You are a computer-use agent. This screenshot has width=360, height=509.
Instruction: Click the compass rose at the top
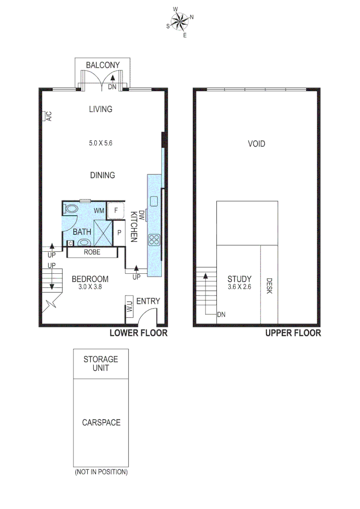(180, 21)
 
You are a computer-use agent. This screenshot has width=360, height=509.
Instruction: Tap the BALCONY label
(103, 65)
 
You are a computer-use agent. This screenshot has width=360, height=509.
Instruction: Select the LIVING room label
(101, 109)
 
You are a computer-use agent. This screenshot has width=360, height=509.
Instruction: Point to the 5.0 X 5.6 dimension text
(102, 143)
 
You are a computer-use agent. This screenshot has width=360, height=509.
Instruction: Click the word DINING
(103, 175)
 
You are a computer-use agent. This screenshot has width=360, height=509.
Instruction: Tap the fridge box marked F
(116, 210)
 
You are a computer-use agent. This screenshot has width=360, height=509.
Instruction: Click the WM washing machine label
(99, 210)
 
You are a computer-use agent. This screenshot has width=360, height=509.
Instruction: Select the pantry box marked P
(119, 233)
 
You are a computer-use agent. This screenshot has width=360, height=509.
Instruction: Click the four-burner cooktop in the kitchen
(155, 239)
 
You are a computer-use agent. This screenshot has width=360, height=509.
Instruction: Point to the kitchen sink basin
(154, 202)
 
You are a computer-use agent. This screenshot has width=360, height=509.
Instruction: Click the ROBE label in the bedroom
(92, 252)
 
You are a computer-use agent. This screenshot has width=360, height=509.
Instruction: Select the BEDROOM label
(90, 279)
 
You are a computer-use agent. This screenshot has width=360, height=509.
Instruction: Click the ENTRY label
(148, 301)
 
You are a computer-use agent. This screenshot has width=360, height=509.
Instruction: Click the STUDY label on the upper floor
(239, 279)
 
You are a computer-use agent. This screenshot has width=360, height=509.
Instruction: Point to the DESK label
(269, 285)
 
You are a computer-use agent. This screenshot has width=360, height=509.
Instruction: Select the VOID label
(256, 144)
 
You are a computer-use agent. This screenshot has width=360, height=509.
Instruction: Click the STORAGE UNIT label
(101, 363)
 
